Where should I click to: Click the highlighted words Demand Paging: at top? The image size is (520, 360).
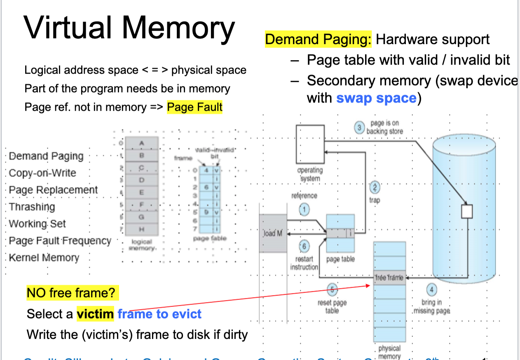click(x=318, y=40)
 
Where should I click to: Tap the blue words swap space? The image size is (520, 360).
click(x=376, y=98)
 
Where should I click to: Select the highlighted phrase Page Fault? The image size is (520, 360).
click(x=194, y=108)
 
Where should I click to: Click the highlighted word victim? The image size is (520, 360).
click(x=95, y=314)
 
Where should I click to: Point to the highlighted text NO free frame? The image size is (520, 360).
click(x=73, y=293)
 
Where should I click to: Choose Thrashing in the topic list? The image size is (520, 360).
click(x=32, y=207)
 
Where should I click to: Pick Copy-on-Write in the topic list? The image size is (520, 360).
click(x=42, y=173)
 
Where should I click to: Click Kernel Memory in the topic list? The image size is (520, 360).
click(x=44, y=258)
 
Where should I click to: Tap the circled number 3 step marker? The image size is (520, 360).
click(x=359, y=127)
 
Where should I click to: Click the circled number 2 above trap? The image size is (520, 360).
click(x=375, y=187)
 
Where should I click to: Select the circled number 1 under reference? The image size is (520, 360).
click(x=304, y=209)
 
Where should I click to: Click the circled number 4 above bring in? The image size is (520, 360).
click(x=431, y=290)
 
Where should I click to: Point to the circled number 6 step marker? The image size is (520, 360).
click(x=304, y=246)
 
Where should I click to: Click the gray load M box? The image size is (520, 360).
click(x=273, y=233)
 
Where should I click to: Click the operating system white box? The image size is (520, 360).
click(x=310, y=144)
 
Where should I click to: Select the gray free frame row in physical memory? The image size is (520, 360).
click(x=389, y=278)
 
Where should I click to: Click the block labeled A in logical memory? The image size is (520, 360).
click(x=141, y=143)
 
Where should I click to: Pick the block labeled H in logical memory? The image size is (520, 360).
click(x=141, y=229)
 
